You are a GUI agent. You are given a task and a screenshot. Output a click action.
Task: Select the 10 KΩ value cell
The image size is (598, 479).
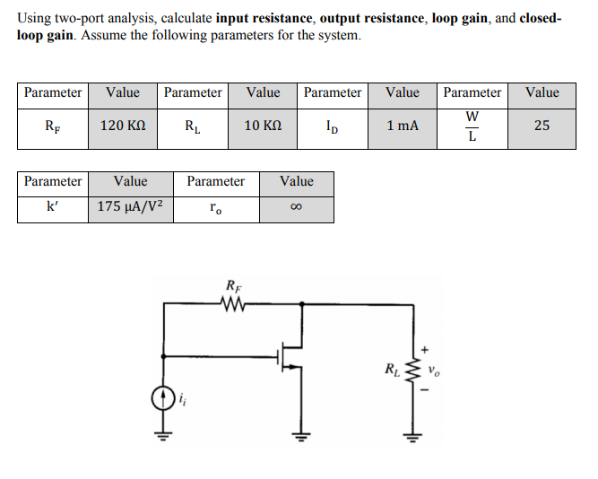(x=264, y=126)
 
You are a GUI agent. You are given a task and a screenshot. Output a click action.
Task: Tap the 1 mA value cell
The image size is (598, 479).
(x=403, y=126)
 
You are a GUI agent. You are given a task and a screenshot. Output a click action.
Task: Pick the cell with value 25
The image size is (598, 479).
(x=542, y=126)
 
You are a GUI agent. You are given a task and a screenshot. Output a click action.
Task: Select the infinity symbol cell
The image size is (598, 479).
(x=296, y=207)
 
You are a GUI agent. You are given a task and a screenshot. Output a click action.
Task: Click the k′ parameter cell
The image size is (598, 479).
(x=53, y=207)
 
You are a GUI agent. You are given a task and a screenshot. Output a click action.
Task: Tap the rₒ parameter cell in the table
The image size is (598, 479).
(x=215, y=207)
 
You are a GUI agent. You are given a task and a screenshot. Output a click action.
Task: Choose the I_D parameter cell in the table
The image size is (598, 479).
(x=333, y=126)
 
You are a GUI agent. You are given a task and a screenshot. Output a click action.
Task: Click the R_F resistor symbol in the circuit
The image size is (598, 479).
(x=233, y=303)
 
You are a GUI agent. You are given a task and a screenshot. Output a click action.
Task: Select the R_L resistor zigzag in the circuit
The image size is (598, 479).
(x=413, y=370)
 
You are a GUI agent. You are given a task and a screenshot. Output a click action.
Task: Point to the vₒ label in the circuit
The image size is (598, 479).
(x=434, y=369)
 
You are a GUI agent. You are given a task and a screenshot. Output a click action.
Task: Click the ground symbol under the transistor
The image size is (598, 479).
(x=299, y=439)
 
